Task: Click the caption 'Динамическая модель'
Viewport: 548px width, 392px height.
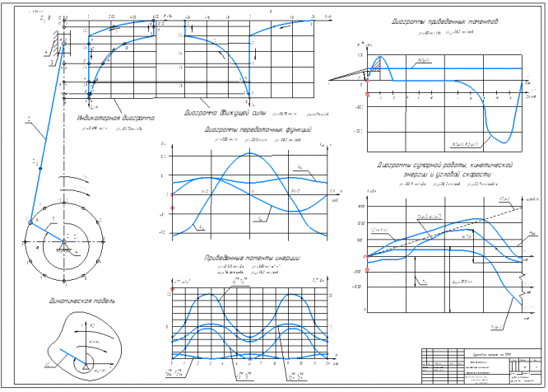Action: pyautogui.click(x=81, y=301)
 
